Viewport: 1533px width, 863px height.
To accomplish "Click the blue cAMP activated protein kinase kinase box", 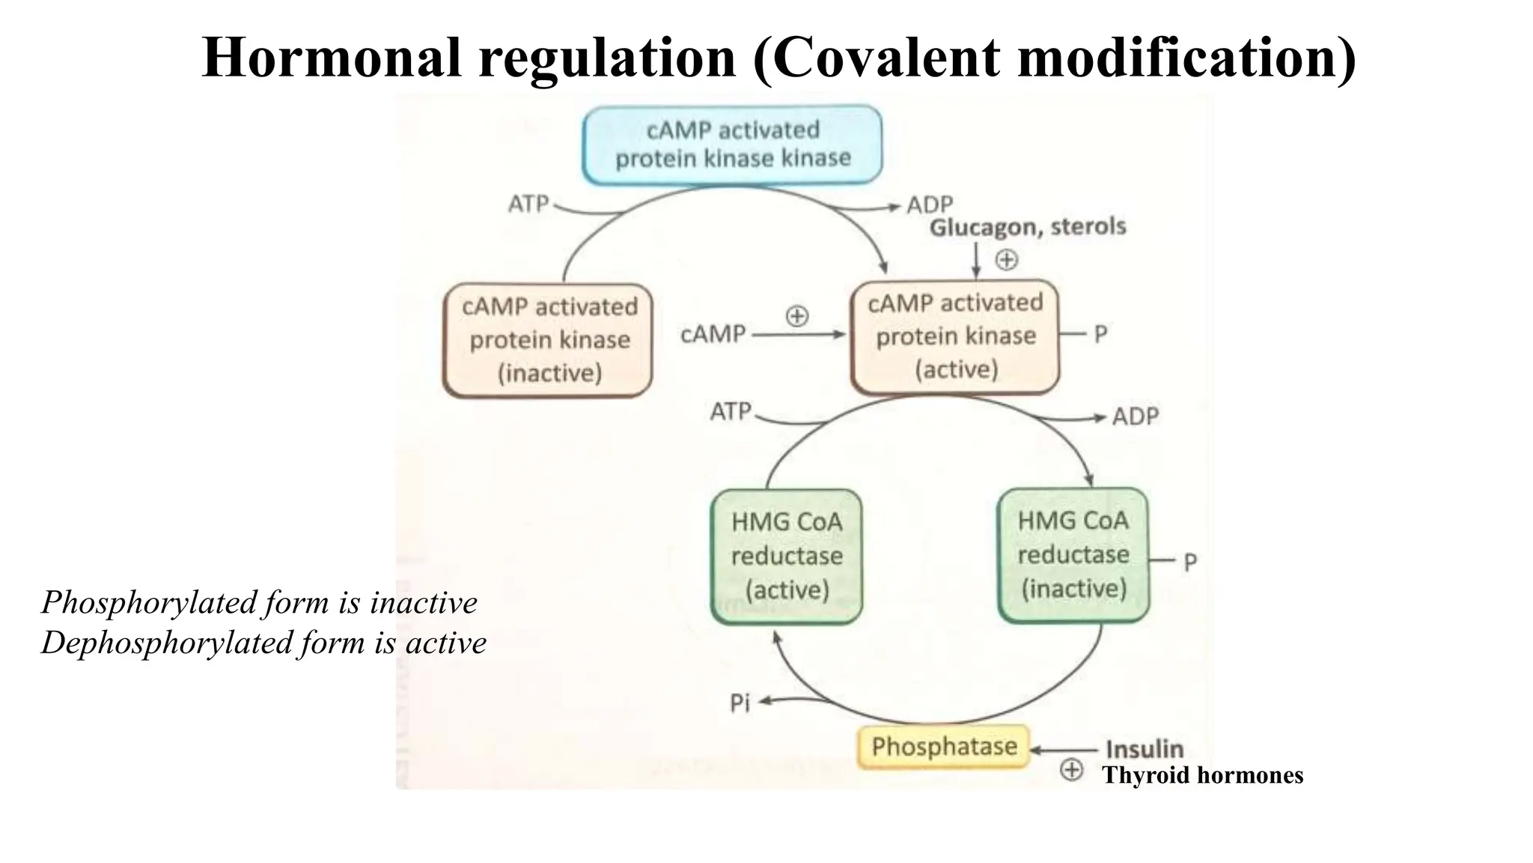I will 732,145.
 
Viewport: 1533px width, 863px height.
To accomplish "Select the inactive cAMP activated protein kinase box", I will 548,340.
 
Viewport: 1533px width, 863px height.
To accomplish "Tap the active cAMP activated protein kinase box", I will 955,336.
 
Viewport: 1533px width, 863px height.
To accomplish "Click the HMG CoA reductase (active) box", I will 786,556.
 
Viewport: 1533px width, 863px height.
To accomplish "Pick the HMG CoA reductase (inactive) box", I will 1073,555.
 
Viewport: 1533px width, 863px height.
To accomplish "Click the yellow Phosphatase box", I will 943,746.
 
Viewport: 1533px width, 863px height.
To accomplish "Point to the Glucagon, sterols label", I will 1027,227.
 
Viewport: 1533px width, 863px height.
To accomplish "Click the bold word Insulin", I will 1144,749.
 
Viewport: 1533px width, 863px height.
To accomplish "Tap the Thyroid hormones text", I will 1202,775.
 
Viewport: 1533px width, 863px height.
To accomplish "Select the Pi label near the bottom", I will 740,703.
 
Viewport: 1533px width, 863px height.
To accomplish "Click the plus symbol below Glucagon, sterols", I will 1007,260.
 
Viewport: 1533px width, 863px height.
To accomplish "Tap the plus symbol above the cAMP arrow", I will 797,315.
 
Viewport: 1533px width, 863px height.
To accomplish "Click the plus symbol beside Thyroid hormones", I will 1072,769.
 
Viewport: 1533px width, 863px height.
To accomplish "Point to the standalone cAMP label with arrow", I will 713,334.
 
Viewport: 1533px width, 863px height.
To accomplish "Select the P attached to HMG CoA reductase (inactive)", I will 1190,562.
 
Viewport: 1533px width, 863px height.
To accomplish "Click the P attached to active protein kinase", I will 1100,334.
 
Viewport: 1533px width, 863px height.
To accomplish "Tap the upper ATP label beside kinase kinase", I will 528,204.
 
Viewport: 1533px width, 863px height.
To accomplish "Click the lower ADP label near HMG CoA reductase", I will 1135,417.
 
